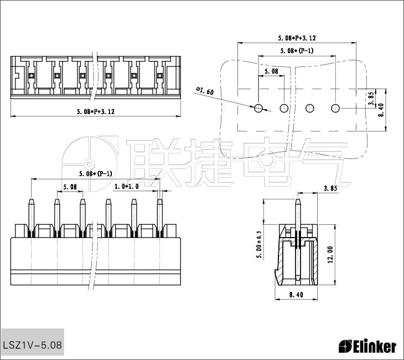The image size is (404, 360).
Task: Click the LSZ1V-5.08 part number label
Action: coord(33,344)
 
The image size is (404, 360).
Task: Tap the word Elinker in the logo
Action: coord(375,347)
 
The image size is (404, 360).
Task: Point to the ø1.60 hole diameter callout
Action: coord(205,90)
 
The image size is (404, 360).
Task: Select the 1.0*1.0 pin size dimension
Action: coord(126,187)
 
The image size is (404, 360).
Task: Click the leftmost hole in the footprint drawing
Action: coord(258,108)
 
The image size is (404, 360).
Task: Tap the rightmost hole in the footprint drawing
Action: coord(335,108)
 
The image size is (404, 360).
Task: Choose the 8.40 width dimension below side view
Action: coord(297,295)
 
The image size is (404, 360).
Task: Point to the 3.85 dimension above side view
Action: coord(330,188)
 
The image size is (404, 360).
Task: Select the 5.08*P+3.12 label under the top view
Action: coord(96,111)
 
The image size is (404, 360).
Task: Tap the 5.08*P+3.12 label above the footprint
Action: coord(297,38)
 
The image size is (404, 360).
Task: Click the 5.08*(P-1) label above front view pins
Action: coord(96,173)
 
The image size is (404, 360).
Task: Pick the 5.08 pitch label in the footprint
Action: coord(271,71)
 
